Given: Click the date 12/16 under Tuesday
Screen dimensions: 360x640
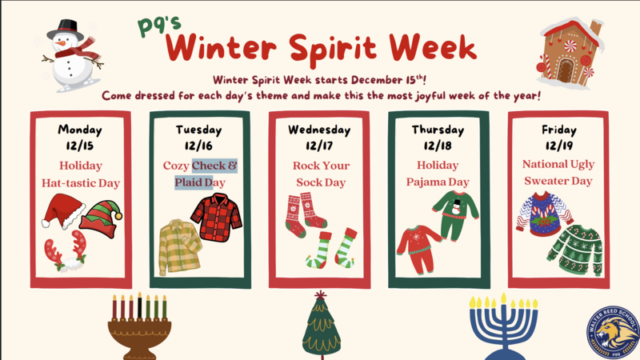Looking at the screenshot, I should tap(200, 146).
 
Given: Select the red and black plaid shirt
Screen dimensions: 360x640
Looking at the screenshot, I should tap(215, 216).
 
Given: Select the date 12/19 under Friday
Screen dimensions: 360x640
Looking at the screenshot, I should tap(558, 146).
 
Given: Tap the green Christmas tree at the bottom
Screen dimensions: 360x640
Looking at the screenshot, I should tap(322, 326).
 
